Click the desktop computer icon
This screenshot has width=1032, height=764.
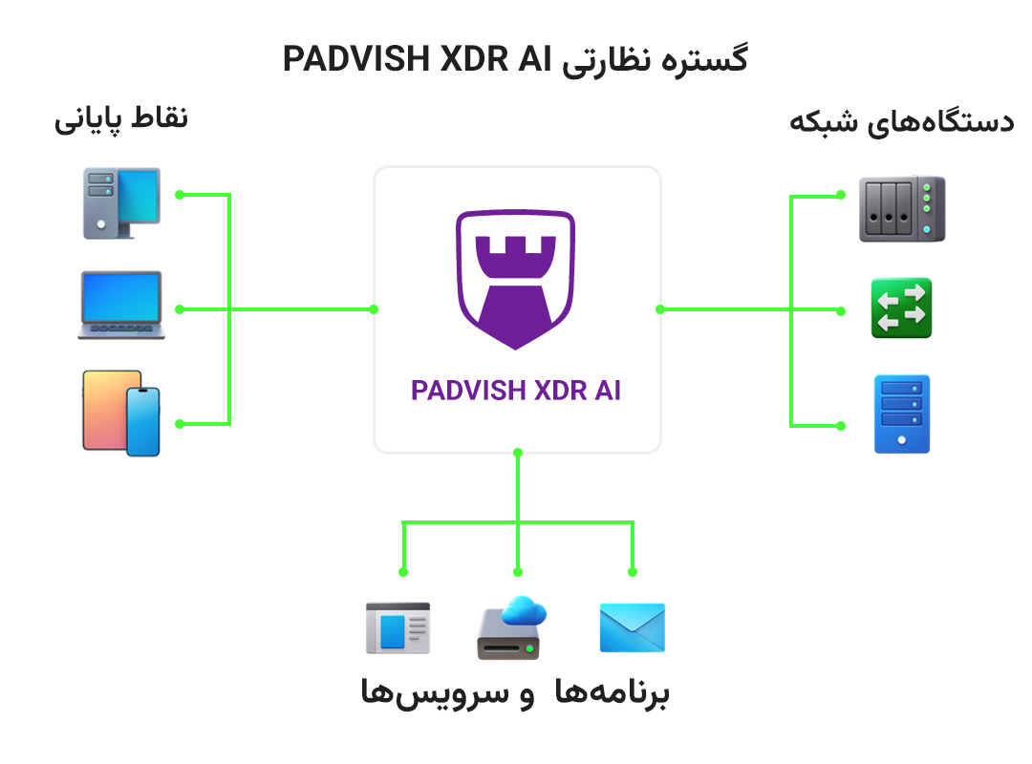121,202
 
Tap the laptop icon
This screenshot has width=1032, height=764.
121,306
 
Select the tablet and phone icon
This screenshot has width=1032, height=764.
121,413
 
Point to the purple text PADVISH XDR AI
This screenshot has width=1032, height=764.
516,391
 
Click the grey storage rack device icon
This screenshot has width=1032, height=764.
901,208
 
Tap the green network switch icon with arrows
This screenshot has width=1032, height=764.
901,308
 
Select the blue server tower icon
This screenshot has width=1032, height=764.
901,414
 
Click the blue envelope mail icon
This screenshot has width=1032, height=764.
632,627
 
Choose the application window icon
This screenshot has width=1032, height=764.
398,627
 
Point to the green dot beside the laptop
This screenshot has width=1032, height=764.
179,308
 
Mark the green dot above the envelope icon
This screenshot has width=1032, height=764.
633,572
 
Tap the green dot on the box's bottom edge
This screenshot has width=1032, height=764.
517,452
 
